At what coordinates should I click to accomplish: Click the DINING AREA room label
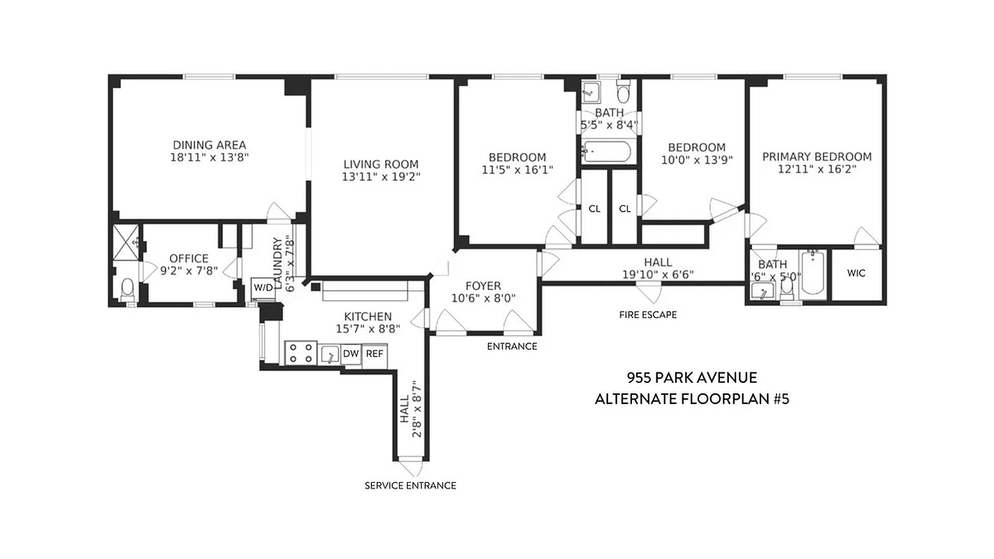(x=210, y=145)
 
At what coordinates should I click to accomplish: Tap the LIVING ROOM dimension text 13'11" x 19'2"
(x=381, y=177)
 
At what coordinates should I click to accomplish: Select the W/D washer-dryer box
(x=263, y=288)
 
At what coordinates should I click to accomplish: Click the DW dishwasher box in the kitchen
(x=351, y=354)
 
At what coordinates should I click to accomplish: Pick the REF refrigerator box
(x=375, y=354)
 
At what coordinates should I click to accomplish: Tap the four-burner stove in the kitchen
(x=301, y=353)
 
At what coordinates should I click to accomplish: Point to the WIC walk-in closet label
(x=856, y=273)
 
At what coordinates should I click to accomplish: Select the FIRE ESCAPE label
(x=648, y=314)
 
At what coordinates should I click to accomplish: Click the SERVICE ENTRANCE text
(x=410, y=486)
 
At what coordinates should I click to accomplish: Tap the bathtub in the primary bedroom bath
(x=812, y=275)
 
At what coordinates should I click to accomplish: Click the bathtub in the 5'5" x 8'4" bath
(x=607, y=151)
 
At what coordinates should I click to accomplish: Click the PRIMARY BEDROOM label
(x=816, y=157)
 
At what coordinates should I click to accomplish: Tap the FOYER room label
(x=483, y=286)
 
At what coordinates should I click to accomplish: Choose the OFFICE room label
(x=189, y=259)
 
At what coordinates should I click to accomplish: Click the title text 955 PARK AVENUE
(x=691, y=378)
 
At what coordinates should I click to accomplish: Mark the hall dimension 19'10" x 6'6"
(x=658, y=275)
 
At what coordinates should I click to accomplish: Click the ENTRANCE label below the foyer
(x=512, y=347)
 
